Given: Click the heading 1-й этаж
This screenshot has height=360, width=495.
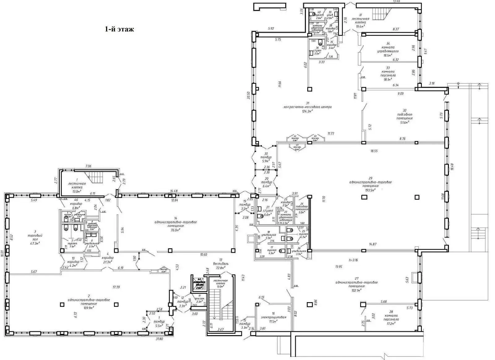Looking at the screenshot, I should click(119, 29).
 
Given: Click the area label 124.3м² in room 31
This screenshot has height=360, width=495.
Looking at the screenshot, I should click(307, 111).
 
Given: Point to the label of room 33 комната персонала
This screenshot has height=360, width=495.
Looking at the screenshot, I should click(388, 74).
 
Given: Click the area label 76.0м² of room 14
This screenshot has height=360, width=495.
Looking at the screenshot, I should click(175, 230).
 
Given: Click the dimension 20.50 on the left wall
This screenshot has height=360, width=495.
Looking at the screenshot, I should click(248, 95).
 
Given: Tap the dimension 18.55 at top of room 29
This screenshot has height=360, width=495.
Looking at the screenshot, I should click(374, 151).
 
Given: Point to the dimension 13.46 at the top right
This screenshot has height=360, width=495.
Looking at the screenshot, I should click(396, 1).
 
